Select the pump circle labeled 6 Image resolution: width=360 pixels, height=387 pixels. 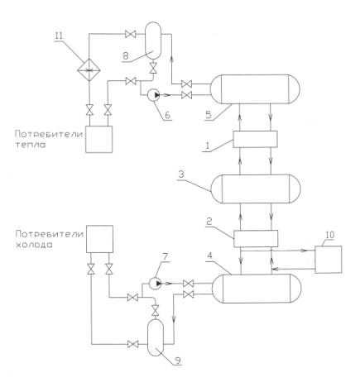(154, 95)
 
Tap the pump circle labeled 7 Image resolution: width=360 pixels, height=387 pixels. (156, 283)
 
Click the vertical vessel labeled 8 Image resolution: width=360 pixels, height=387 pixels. (153, 41)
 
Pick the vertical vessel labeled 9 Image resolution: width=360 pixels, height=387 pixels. (156, 337)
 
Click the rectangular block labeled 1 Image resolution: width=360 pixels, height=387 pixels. (255, 139)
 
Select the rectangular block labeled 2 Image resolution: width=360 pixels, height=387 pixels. (256, 239)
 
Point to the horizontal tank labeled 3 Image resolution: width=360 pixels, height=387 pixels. (256, 189)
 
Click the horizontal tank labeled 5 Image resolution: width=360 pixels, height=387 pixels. (255, 89)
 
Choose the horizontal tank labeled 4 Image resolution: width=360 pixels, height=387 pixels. (257, 289)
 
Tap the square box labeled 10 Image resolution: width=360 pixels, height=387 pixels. (329, 260)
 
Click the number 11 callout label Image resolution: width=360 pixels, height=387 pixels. (59, 36)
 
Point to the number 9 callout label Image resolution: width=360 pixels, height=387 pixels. (177, 360)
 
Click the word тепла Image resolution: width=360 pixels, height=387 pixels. (31, 145)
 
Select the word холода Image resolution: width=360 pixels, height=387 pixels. (33, 245)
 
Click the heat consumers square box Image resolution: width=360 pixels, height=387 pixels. (98, 139)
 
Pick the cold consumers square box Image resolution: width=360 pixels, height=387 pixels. (99, 239)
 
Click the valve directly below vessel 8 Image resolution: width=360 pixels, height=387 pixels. (153, 68)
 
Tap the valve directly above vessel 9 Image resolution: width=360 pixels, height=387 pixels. (156, 311)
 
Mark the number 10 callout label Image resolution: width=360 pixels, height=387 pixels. (329, 235)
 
